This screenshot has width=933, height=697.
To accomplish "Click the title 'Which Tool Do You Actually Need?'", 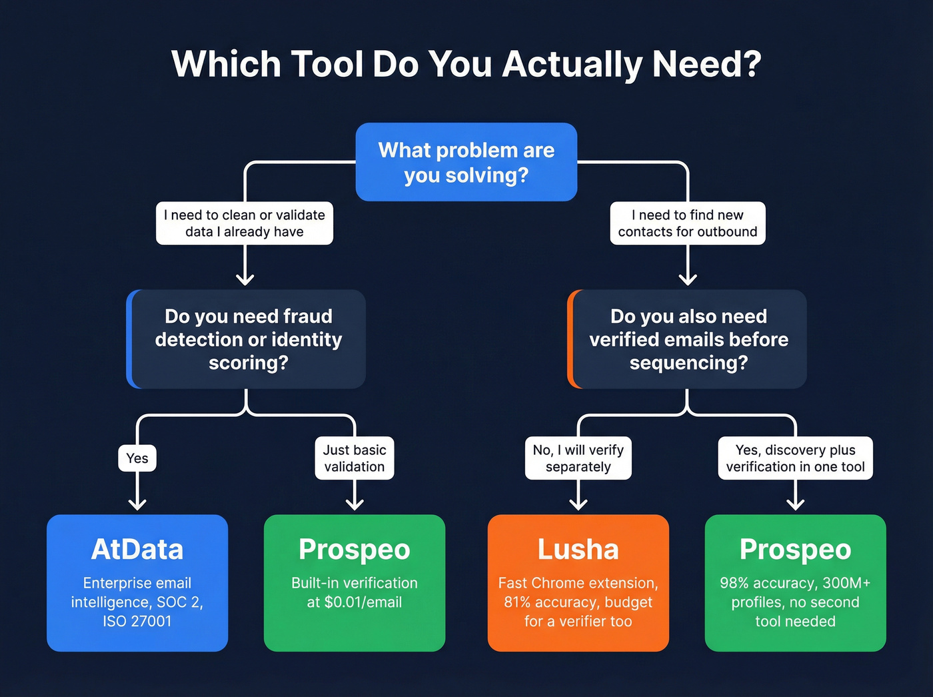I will [x=466, y=65].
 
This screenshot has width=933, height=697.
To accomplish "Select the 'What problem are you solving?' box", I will [x=466, y=162].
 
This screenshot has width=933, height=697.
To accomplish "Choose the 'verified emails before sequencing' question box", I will [x=688, y=339].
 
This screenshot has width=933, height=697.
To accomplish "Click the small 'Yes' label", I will [x=137, y=458].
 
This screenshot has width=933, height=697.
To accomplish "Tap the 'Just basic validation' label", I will [x=355, y=458].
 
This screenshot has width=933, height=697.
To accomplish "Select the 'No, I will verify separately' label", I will [x=578, y=458].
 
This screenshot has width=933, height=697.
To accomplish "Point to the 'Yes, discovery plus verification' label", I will [x=795, y=458].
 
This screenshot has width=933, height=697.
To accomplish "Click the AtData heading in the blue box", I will [x=137, y=550].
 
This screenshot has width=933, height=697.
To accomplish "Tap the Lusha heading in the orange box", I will [x=578, y=550].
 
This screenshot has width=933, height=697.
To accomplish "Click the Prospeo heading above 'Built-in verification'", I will [x=355, y=550].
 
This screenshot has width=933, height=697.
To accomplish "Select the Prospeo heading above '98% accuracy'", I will [x=795, y=550].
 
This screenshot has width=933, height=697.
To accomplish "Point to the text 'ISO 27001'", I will [x=137, y=622].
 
